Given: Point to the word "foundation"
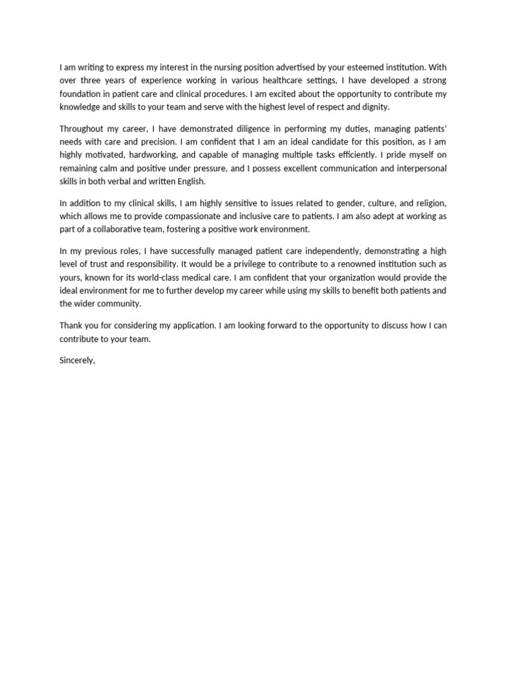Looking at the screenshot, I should tap(81, 94).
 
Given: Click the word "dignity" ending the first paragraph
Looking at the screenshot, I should tap(374, 106).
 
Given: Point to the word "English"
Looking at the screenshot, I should tap(190, 182).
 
